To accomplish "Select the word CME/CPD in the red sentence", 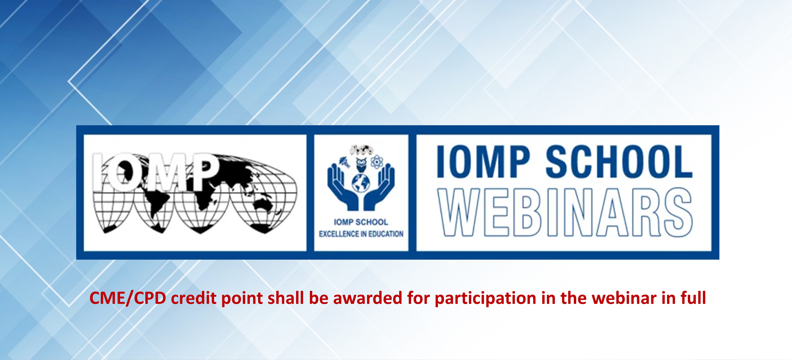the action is pos(128,298).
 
